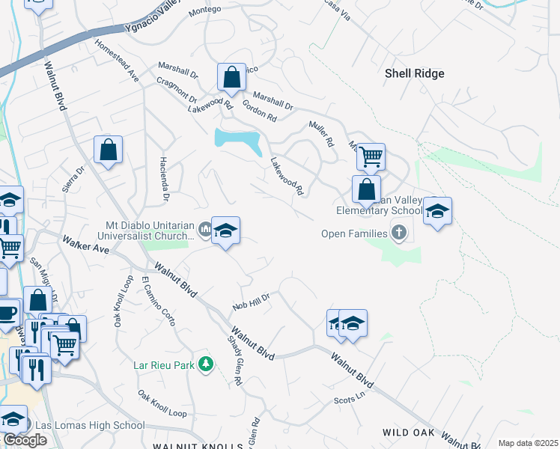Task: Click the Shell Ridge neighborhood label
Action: [x=414, y=73]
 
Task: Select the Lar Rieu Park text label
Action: [x=163, y=365]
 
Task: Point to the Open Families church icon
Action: [x=398, y=233]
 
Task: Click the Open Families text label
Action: [x=354, y=233]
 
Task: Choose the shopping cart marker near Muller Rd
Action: [x=371, y=156]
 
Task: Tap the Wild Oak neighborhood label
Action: [x=409, y=433]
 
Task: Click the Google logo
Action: [x=24, y=440]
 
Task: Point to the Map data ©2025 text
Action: [x=529, y=443]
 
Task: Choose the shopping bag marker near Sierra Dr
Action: [x=109, y=149]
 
